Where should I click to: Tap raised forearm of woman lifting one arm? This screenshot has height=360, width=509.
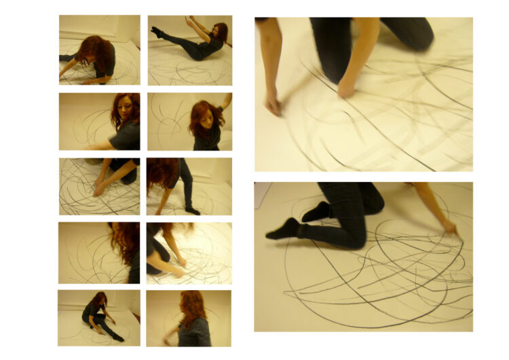227,102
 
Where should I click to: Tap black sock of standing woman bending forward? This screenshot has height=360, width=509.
193,210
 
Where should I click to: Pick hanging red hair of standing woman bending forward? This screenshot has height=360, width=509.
160,174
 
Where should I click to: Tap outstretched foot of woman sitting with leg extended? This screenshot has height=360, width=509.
119,337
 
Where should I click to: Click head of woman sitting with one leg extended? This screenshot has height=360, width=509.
99,299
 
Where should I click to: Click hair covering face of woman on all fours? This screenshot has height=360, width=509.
95,53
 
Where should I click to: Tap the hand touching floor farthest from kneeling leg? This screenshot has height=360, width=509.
273,104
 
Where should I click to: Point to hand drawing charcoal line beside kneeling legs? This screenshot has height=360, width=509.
450,228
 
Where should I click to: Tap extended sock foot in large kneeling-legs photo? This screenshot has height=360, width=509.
281,230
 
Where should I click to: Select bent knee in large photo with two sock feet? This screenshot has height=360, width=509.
353,238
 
